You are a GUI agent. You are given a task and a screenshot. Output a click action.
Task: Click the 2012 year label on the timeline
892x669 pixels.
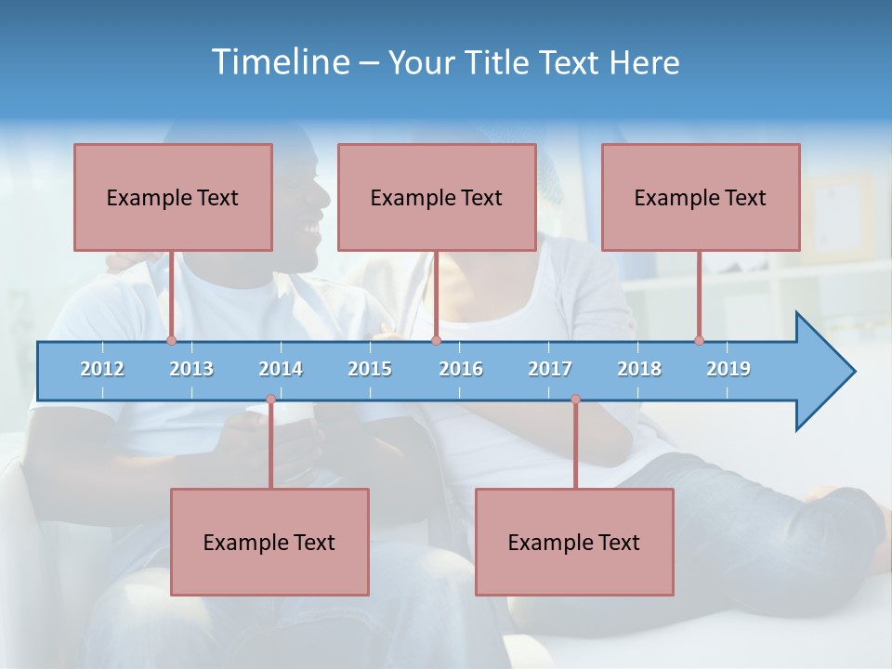[102, 369]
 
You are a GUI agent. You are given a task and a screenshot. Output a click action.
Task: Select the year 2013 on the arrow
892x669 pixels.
[191, 369]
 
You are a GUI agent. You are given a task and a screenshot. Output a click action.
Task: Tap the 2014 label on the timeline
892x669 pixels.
[281, 369]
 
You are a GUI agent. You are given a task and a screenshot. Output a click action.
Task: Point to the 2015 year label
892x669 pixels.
[370, 369]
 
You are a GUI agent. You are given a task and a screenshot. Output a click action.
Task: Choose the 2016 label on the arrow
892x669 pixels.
[461, 369]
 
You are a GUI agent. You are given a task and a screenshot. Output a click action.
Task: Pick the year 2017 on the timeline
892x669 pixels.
[550, 369]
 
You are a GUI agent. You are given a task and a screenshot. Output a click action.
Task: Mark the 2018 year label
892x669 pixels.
[639, 369]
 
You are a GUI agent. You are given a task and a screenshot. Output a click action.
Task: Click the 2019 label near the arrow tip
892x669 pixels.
[728, 369]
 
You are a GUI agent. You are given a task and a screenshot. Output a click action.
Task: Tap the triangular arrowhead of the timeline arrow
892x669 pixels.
[822, 372]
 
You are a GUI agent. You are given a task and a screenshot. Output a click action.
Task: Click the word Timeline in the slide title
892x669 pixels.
[281, 62]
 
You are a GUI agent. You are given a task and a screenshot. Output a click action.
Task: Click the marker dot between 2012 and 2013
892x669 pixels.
[171, 340]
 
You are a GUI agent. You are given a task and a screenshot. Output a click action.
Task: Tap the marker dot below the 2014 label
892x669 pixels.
[270, 400]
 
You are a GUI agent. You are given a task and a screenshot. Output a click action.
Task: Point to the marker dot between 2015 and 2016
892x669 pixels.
[436, 340]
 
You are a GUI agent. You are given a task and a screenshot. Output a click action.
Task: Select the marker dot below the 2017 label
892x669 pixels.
[575, 400]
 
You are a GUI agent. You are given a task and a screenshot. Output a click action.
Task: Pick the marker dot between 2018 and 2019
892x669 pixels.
[699, 340]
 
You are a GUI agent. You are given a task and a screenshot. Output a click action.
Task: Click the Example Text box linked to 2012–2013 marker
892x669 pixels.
[173, 197]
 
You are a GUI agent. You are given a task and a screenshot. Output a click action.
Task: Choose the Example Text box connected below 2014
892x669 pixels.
[269, 542]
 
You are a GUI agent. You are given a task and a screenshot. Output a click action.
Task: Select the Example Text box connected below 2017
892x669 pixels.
[574, 542]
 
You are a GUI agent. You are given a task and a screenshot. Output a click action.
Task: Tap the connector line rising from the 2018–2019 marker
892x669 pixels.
[699, 295]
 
